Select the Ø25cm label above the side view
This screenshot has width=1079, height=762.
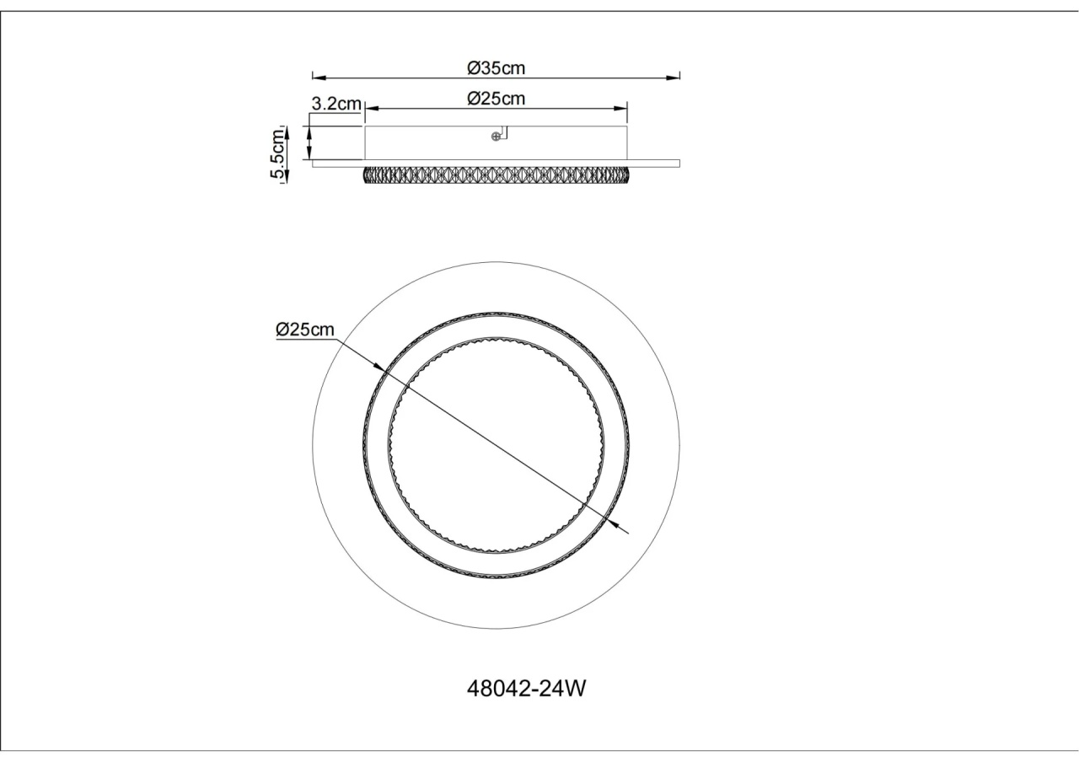coord(497,99)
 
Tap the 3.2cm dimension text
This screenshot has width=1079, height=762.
coord(336,104)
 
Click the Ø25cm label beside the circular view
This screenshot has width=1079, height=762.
coord(304,330)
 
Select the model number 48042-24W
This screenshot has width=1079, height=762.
coord(526,689)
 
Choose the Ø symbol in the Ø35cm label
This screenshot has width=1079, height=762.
coord(474,67)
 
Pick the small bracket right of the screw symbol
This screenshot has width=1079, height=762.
coord(503,132)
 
